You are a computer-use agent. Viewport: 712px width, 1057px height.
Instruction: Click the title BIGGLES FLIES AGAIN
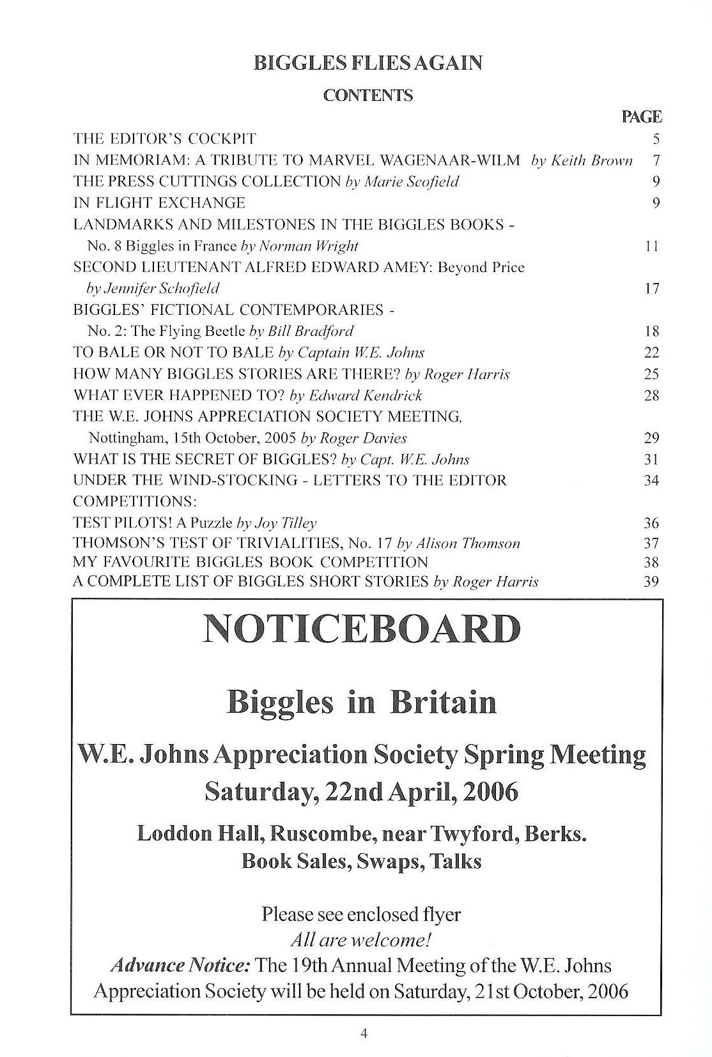coord(368,63)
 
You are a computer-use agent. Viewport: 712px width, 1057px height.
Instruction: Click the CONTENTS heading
coord(368,96)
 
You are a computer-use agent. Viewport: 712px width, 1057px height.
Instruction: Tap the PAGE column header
coord(641,117)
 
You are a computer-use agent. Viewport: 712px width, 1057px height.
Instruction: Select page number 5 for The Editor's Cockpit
coord(656,139)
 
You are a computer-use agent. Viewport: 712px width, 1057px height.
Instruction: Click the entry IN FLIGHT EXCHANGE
coord(159,203)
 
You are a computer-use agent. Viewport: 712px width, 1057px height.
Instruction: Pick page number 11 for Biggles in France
coord(652,246)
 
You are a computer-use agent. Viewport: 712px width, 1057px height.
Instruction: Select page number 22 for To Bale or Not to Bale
coord(651,353)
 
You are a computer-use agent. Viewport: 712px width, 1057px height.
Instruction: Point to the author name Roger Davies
coord(363,438)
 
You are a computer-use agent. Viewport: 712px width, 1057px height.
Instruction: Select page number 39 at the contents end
coord(651,582)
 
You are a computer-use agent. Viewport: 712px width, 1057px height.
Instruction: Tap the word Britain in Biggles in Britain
coord(444,703)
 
